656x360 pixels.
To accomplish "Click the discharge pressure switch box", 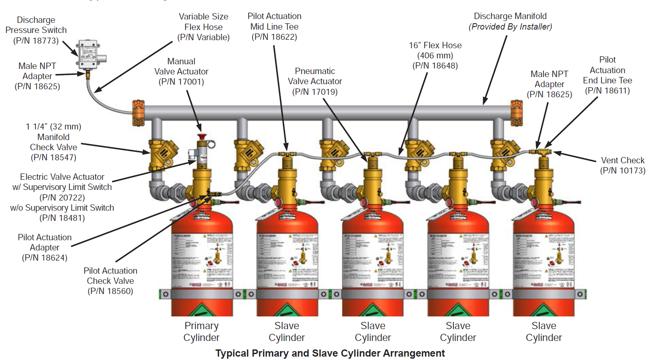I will point(88,54).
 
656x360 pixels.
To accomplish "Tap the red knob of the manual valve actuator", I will point(202,137).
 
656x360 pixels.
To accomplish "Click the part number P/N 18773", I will point(36,41).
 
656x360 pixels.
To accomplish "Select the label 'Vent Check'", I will point(623,160).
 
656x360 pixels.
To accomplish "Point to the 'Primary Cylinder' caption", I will point(201,332).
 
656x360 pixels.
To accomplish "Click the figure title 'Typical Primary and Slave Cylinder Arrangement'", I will point(330,353).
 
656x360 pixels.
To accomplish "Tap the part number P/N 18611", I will point(607,91).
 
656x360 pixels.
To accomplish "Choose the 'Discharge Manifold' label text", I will point(510,16).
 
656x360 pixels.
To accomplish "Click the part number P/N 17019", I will point(315,92).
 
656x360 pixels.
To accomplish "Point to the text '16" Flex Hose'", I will point(435,45).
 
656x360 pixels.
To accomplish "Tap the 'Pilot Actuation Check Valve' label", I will point(110,276).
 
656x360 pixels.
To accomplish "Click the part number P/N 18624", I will point(44,258).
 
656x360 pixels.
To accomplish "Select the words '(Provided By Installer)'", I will point(510,27).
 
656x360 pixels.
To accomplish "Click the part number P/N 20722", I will point(62,198).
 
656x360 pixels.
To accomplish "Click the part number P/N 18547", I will point(53,157).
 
